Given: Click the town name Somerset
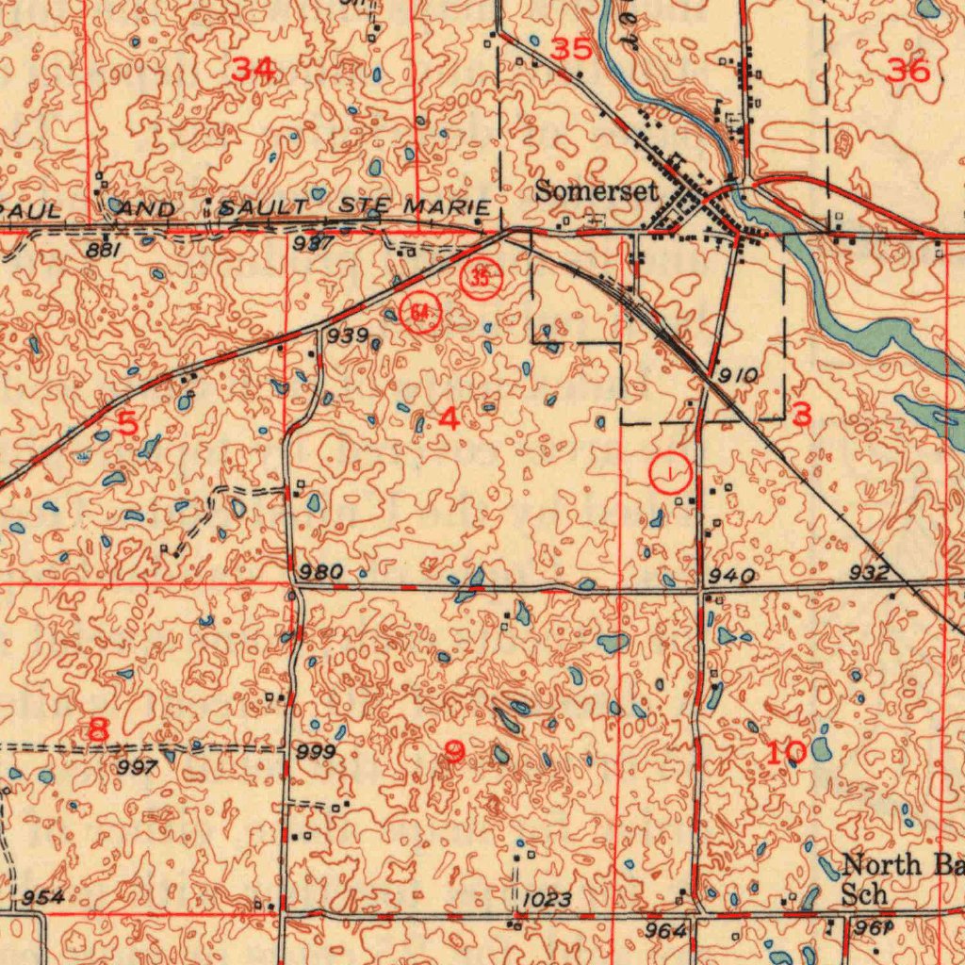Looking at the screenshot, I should pos(596,190).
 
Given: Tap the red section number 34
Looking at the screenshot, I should pos(254,69).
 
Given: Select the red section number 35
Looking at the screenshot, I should pos(571,50).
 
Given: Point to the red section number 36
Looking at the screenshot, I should pos(908,70).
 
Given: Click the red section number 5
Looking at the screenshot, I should pos(128,423).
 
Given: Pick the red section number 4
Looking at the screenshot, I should pos(450,419).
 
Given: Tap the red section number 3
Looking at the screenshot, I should pos(802,413).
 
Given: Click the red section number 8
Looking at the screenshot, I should pos(98,728).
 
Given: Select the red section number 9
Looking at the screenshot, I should pos(454,751).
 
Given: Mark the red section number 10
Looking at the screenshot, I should pos(785,752).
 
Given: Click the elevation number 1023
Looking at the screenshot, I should pos(547,900).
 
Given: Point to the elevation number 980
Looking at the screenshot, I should pos(320,572).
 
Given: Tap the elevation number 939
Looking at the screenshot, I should pos(348,336).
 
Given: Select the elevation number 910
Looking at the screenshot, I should pos(738,375).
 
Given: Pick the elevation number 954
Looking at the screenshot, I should pos(43,896).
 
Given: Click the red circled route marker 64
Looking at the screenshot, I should pos(420,312).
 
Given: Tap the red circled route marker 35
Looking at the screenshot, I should pos(481,278).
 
